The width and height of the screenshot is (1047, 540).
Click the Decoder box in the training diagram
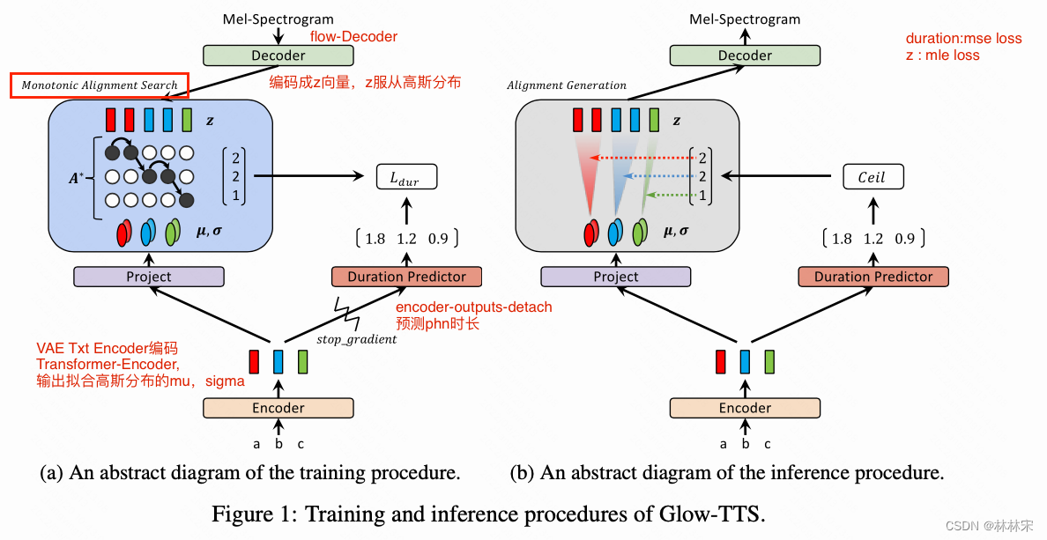coord(278,55)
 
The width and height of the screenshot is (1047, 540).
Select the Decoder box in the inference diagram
coord(745,55)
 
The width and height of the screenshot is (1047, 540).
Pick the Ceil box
coord(872,177)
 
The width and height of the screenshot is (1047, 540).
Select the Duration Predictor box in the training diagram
coord(406,277)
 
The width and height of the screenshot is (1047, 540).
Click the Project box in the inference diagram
coord(615,277)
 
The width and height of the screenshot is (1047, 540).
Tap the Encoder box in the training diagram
coord(278,408)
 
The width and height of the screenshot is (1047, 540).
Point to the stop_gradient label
coord(356,339)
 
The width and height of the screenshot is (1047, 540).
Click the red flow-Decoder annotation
coord(353,37)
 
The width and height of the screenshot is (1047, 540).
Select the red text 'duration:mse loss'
coord(963,39)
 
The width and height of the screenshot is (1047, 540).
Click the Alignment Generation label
coord(567,85)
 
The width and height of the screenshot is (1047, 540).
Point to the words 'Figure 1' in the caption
coord(246,514)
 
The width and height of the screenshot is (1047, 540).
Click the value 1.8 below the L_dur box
coord(375,239)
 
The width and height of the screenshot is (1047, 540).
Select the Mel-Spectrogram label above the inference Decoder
coord(745,18)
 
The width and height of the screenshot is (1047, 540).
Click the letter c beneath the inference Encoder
coord(768,445)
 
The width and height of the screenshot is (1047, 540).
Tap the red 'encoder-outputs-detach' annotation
coord(473,307)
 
